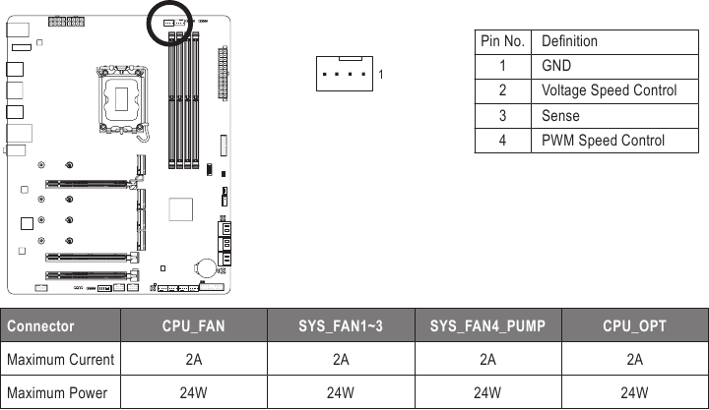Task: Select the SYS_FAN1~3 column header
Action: point(340,325)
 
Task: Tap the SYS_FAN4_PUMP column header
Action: point(487,325)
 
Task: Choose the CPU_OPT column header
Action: point(634,325)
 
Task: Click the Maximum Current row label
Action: point(61,359)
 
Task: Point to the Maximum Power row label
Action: point(61,392)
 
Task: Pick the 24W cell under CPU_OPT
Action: point(634,392)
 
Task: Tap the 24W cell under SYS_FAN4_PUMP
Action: point(487,392)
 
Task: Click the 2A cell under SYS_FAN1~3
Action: point(340,359)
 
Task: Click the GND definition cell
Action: point(556,66)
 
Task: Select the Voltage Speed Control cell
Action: point(609,90)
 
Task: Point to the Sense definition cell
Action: point(560,115)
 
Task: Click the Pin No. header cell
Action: point(502,41)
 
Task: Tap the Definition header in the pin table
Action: point(569,41)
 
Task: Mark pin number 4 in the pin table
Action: point(502,140)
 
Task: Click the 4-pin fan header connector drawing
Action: point(345,74)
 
